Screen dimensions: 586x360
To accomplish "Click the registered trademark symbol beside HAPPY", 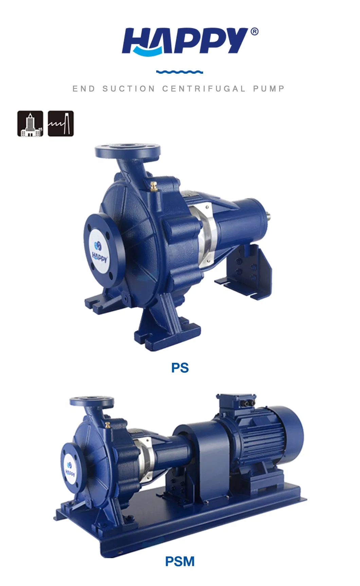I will [254, 32].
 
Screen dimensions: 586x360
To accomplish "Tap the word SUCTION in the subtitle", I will [129, 89].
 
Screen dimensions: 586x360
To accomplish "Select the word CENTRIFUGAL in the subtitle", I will [204, 89].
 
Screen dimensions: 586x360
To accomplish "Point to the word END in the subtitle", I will [84, 89].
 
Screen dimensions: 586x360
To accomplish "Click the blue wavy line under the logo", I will [180, 72].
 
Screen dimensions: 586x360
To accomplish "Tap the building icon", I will [30, 124].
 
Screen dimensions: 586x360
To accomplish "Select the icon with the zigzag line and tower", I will [60, 124].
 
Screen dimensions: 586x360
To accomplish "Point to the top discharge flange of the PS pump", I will [128, 151].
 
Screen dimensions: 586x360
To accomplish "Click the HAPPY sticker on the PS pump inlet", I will [100, 250].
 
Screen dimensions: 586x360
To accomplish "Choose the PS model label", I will [180, 368].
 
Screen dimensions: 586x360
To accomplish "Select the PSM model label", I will [180, 562].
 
